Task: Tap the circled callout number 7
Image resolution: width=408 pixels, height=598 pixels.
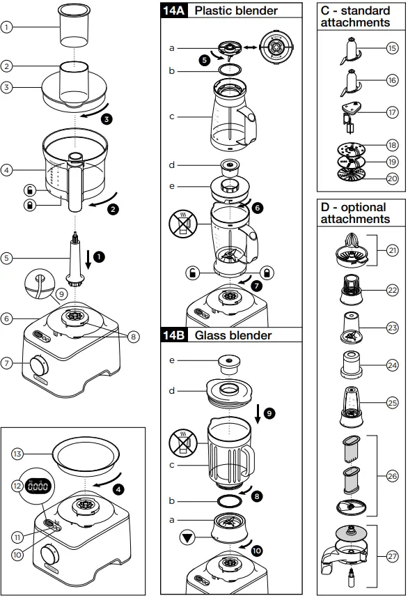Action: pyautogui.click(x=7, y=362)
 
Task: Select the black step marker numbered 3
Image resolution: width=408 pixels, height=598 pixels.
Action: pyautogui.click(x=106, y=118)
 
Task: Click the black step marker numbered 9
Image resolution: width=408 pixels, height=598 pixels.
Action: pyautogui.click(x=269, y=413)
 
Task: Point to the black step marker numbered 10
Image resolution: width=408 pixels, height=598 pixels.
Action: pyautogui.click(x=257, y=550)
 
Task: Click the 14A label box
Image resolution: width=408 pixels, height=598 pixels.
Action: pyautogui.click(x=173, y=10)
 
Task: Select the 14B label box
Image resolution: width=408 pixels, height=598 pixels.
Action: pyautogui.click(x=173, y=335)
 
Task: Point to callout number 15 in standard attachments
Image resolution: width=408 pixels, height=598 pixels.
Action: pyautogui.click(x=392, y=48)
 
